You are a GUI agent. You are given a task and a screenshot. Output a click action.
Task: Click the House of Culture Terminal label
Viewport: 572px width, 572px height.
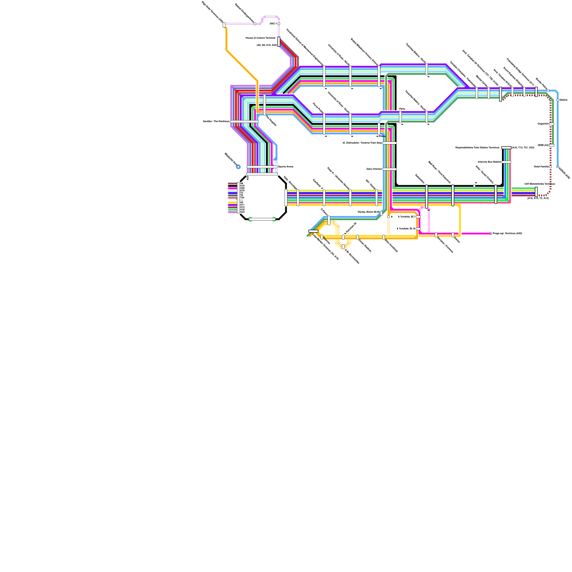[x=260, y=38]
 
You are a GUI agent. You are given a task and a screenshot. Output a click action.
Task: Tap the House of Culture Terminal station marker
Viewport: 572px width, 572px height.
[x=279, y=41]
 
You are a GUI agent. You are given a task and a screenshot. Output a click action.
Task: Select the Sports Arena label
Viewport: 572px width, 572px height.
[x=286, y=167]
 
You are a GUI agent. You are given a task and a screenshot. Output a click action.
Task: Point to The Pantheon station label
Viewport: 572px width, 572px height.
[x=216, y=122]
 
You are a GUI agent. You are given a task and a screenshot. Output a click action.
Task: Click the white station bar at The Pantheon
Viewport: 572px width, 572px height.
[x=244, y=122]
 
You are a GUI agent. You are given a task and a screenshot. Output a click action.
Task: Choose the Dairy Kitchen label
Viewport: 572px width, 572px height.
[x=374, y=169]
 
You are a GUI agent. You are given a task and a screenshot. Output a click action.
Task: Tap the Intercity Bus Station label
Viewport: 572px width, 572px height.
[x=489, y=162]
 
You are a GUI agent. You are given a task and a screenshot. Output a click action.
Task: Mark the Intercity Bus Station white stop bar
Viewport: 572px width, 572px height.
[x=506, y=162]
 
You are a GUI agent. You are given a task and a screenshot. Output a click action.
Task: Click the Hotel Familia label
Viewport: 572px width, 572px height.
[x=541, y=167]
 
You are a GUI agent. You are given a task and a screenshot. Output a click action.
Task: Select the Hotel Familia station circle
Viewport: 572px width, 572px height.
[x=551, y=167]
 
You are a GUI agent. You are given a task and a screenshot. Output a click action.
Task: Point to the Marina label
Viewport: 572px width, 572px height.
[x=563, y=100]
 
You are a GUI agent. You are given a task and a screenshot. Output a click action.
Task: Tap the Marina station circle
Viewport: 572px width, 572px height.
[x=558, y=100]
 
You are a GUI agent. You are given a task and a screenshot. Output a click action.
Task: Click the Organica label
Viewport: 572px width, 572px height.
[x=543, y=124]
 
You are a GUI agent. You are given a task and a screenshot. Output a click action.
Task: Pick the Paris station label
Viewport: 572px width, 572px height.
[x=402, y=109]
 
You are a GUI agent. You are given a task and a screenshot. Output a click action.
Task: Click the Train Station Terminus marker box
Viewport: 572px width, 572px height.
[x=506, y=148]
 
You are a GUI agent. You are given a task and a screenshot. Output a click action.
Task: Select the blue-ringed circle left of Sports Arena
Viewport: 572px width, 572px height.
[x=238, y=167]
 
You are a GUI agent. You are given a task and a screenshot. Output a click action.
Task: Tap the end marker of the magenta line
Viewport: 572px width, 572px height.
[x=491, y=233]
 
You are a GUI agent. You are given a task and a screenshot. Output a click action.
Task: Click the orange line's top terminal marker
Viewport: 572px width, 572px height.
[x=224, y=25]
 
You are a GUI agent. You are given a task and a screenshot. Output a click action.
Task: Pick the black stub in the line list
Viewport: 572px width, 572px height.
[x=232, y=186]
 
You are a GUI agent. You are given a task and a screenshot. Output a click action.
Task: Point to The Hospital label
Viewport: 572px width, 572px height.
[x=271, y=121]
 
